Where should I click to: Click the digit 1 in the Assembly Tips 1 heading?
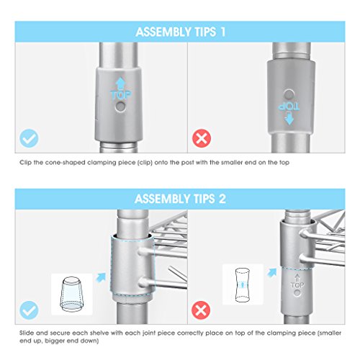click(222, 32)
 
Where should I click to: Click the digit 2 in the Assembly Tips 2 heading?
click(222, 199)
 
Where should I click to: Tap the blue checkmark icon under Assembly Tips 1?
click(29, 138)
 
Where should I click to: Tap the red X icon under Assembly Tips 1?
click(202, 138)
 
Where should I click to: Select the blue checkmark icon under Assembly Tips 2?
click(29, 310)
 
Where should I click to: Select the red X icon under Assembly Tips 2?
click(201, 310)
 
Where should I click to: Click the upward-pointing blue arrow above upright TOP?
click(120, 84)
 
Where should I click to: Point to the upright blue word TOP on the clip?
click(121, 95)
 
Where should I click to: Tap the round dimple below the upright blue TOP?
click(120, 107)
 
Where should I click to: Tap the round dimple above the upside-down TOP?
click(289, 94)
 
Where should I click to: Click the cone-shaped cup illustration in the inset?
click(71, 294)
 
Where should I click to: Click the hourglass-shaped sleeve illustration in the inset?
click(243, 285)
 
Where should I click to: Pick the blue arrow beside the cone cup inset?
click(101, 277)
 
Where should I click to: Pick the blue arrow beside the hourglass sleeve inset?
click(271, 273)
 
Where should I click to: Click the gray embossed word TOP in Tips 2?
click(297, 285)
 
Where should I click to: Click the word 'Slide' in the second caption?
click(27, 333)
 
